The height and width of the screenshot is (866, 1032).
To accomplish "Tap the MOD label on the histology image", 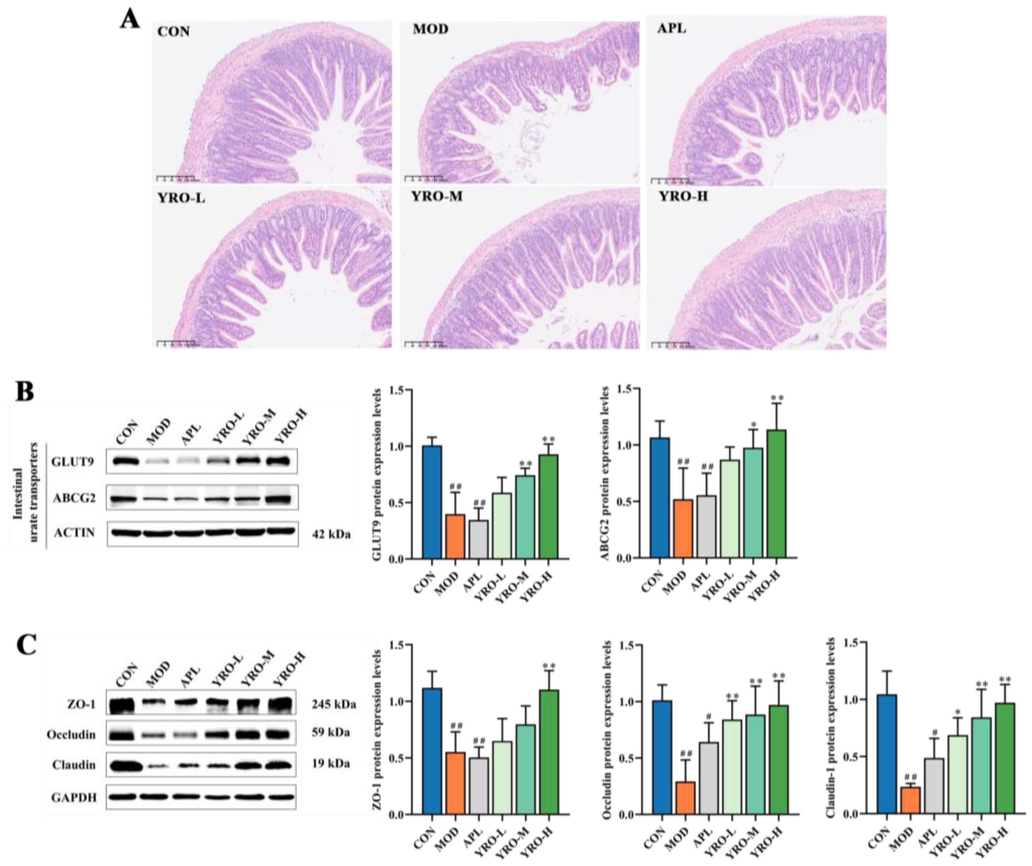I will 430,30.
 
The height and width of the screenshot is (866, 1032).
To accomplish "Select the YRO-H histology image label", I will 683,197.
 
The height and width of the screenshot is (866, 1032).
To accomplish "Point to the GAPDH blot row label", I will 74,797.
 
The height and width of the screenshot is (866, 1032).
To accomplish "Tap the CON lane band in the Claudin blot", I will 120,766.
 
